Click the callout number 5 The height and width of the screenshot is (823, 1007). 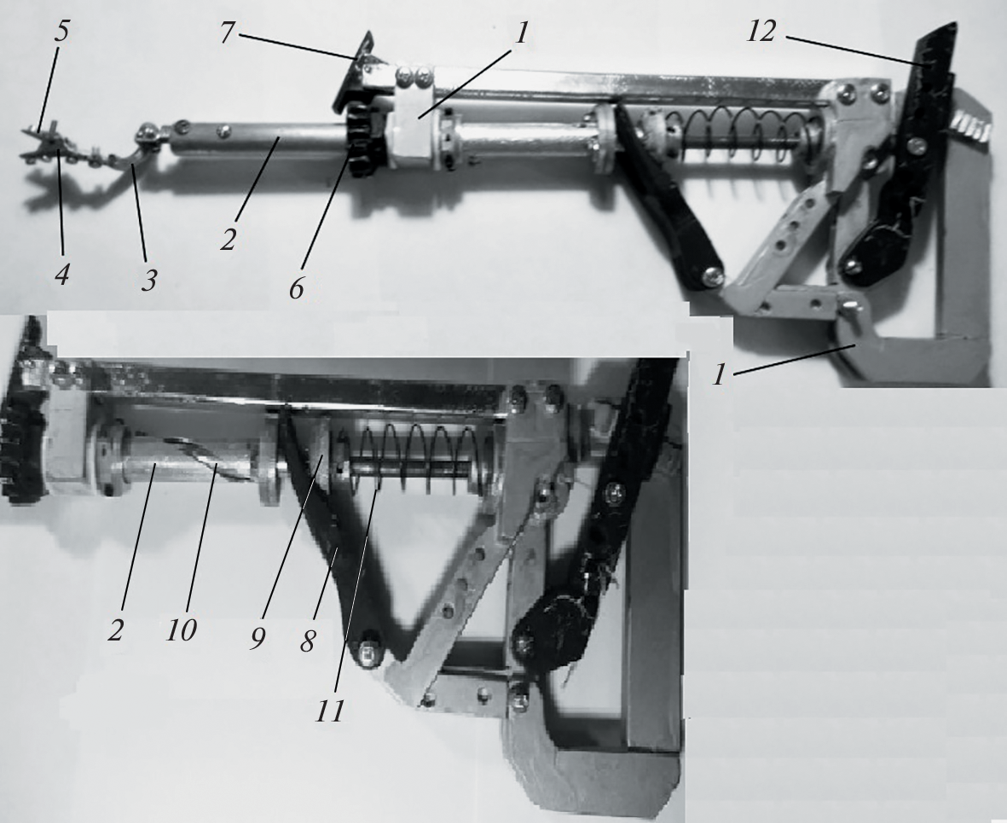(x=61, y=33)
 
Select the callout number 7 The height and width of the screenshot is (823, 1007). (x=225, y=32)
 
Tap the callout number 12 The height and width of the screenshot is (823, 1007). (x=761, y=32)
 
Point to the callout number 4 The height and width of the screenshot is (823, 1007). (x=62, y=275)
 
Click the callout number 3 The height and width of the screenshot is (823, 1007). (x=148, y=280)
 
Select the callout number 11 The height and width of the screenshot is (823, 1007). (x=329, y=711)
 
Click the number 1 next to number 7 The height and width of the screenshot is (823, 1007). (x=521, y=33)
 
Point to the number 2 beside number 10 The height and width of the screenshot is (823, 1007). (x=115, y=631)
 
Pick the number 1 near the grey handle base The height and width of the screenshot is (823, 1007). (x=720, y=374)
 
